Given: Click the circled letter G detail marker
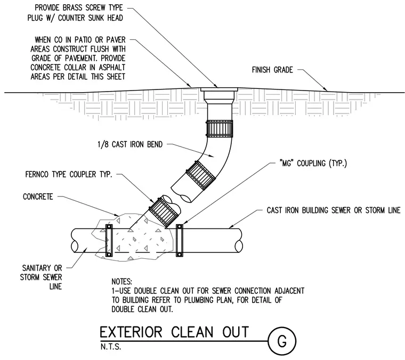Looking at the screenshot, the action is point(282,341).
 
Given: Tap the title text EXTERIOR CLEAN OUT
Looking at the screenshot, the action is point(174,332).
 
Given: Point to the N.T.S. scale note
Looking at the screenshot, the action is point(110,347).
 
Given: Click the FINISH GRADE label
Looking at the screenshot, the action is point(272,70).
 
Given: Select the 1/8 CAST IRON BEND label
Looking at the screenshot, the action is point(130,144).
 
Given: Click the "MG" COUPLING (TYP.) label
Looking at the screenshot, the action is point(313,163).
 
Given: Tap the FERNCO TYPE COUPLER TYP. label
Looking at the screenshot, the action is point(69,175).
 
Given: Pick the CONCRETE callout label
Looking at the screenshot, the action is point(38,197).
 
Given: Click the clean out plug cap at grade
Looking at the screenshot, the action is point(219,89).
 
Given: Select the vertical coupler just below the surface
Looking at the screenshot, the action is point(220,128).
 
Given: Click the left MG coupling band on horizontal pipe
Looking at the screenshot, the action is point(109,241).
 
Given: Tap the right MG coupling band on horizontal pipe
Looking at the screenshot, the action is point(179,241).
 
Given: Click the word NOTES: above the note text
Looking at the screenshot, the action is point(122,281).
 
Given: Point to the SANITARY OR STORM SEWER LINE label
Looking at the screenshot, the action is point(41,277).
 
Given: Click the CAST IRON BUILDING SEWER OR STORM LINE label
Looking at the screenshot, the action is point(334,210).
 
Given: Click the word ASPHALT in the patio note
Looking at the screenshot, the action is point(112,67).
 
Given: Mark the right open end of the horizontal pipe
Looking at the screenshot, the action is point(239,241).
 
